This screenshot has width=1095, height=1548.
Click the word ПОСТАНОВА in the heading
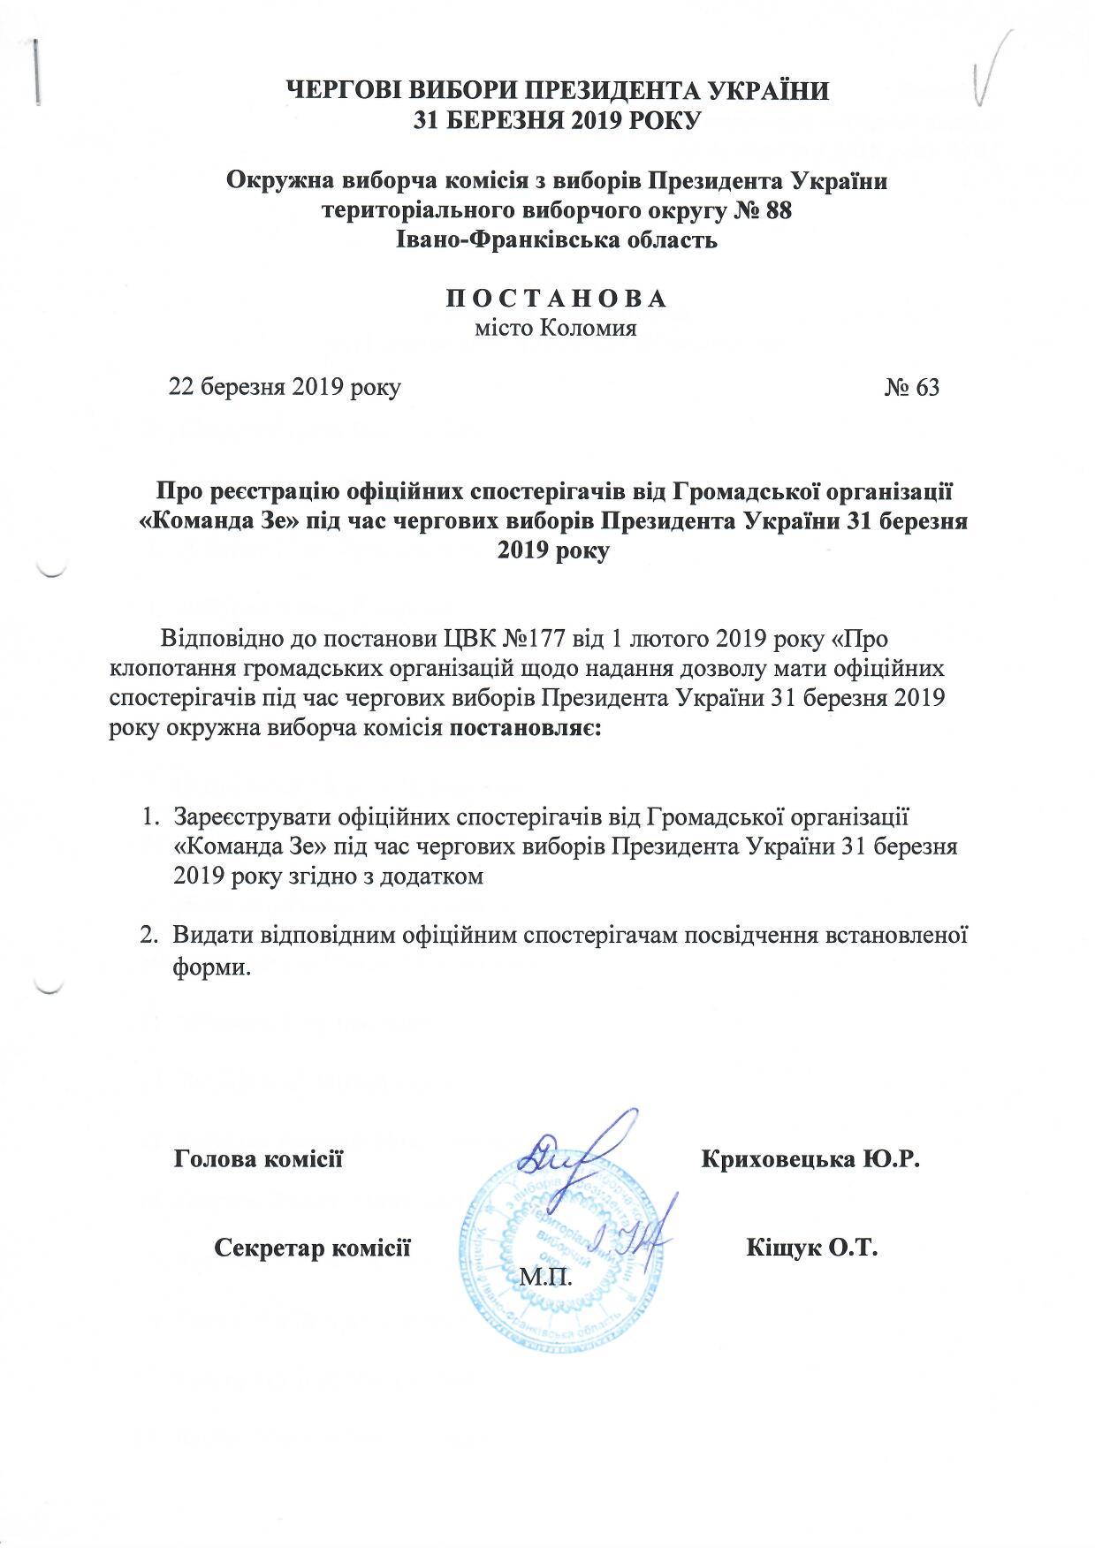point(555,298)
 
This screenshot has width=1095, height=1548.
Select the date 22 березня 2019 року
point(285,388)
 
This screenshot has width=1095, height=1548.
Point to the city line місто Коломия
point(556,330)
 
